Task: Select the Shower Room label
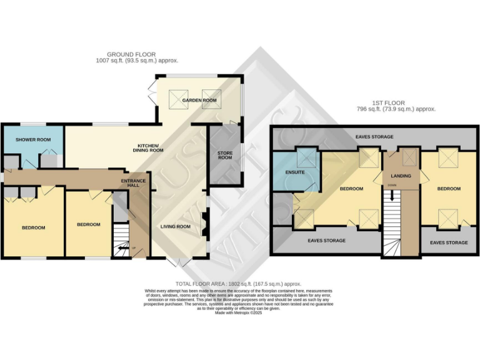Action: (x=33, y=139)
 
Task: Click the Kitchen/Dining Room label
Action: (x=151, y=148)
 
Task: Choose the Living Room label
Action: (x=175, y=226)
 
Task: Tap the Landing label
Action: (x=401, y=176)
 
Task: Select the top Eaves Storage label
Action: (x=374, y=137)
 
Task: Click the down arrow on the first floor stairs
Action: (x=392, y=194)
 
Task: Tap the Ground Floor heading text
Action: (x=131, y=54)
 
